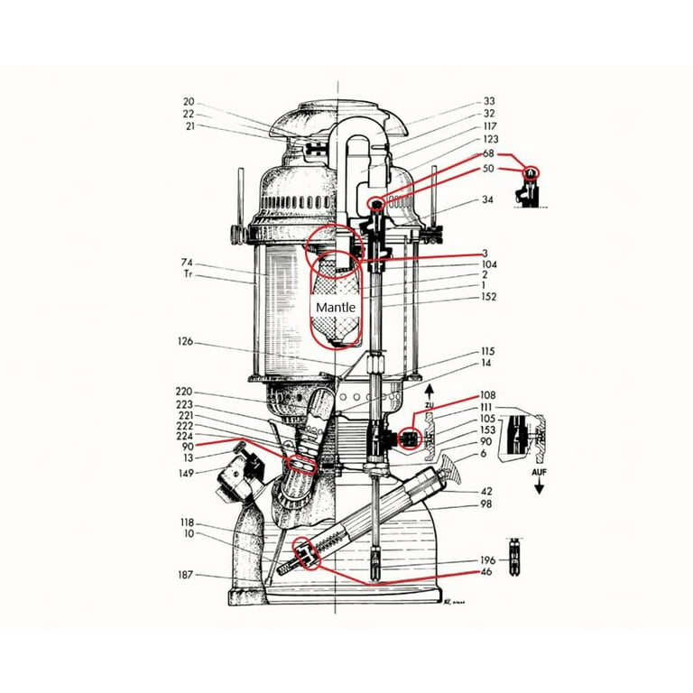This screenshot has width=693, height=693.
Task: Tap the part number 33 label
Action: pyautogui.click(x=488, y=101)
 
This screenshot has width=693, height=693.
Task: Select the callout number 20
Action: pyautogui.click(x=189, y=102)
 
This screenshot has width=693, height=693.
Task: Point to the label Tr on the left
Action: pyautogui.click(x=188, y=273)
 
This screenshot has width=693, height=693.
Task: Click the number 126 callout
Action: pyautogui.click(x=186, y=342)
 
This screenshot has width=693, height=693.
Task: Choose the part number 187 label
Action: pyautogui.click(x=186, y=574)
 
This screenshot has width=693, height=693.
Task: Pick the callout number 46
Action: pyautogui.click(x=487, y=572)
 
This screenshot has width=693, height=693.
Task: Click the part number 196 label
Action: pyautogui.click(x=487, y=560)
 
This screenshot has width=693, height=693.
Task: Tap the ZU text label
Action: pyautogui.click(x=430, y=405)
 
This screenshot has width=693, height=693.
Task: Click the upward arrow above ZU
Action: pyautogui.click(x=430, y=389)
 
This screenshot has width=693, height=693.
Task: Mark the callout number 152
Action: pyautogui.click(x=487, y=297)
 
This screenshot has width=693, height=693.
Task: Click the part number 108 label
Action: pyautogui.click(x=487, y=395)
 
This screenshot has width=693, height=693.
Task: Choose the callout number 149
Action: pyautogui.click(x=186, y=471)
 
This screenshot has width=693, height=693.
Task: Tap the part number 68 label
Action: pyautogui.click(x=488, y=154)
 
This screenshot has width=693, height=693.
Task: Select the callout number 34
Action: pyautogui.click(x=488, y=199)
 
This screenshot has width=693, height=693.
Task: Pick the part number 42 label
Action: pyautogui.click(x=487, y=491)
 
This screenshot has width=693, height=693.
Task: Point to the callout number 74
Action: pyautogui.click(x=188, y=263)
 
